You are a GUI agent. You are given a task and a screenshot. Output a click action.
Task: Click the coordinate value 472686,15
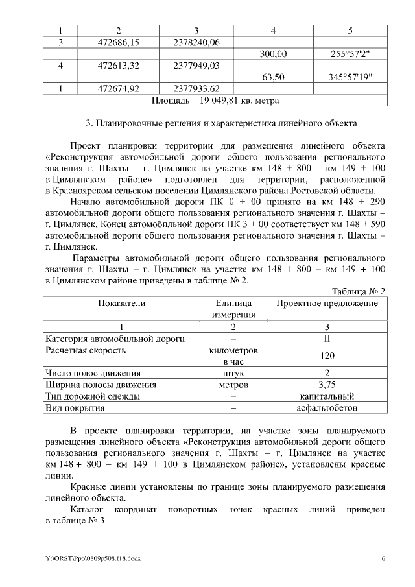click(118, 42)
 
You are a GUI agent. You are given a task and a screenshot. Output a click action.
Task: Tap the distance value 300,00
click(273, 54)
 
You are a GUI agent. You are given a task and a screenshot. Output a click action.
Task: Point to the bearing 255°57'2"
click(350, 54)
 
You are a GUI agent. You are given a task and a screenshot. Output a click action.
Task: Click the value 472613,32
click(118, 66)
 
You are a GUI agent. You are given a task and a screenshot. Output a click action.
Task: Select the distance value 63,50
click(273, 77)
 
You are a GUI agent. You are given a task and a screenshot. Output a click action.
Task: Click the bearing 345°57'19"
click(350, 77)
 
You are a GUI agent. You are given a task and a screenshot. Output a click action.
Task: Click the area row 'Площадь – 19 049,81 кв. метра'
click(215, 101)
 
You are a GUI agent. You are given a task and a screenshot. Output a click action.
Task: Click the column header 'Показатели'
click(122, 303)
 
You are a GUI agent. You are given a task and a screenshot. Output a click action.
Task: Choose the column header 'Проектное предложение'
click(327, 303)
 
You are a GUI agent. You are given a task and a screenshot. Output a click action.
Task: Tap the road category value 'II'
click(327, 338)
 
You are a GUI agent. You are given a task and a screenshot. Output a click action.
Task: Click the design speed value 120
click(327, 355)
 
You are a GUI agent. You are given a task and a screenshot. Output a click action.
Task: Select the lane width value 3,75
click(327, 385)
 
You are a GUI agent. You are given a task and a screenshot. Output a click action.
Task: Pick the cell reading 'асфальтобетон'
click(327, 408)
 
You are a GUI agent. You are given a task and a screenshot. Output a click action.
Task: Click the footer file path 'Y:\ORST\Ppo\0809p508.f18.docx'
click(93, 558)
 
